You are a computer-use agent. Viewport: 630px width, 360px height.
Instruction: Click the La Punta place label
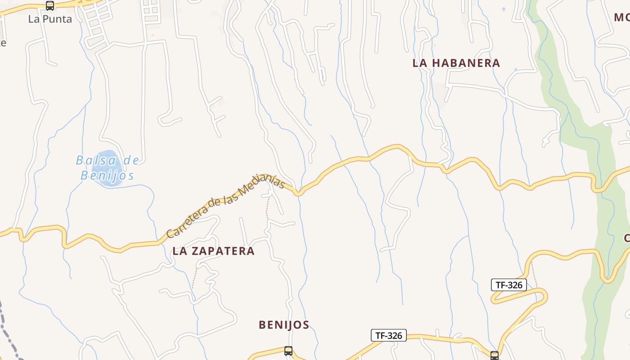[50, 19]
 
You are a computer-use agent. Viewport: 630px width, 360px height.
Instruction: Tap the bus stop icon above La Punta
[50, 6]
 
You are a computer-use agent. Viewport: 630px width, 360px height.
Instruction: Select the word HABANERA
[466, 63]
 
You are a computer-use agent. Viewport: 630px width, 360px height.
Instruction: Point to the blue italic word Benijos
[107, 175]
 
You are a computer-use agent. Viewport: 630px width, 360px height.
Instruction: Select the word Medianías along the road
[263, 184]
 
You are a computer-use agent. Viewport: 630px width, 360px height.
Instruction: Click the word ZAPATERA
[223, 251]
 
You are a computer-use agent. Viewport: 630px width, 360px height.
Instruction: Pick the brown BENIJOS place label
[284, 325]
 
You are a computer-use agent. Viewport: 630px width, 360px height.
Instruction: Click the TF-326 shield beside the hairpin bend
[508, 285]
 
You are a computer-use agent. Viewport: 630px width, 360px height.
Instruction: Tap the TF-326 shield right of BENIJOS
[388, 335]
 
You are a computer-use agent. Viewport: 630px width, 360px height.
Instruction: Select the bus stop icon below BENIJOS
[288, 351]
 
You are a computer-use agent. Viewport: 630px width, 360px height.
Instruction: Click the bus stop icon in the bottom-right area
[495, 355]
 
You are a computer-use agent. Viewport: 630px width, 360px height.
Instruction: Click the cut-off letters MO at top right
[621, 18]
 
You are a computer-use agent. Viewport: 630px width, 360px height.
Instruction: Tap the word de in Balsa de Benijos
[130, 160]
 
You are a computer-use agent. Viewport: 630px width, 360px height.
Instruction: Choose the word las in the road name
[230, 198]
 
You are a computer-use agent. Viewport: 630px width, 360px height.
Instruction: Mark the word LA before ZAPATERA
[180, 251]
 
